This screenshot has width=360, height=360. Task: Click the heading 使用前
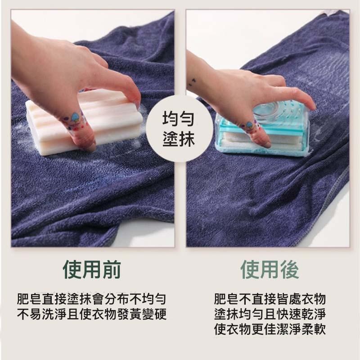coord(92,270)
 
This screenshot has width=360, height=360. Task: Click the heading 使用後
coord(270,270)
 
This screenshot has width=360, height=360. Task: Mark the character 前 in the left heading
coord(111,270)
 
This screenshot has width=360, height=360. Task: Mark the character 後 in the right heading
coord(289,270)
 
